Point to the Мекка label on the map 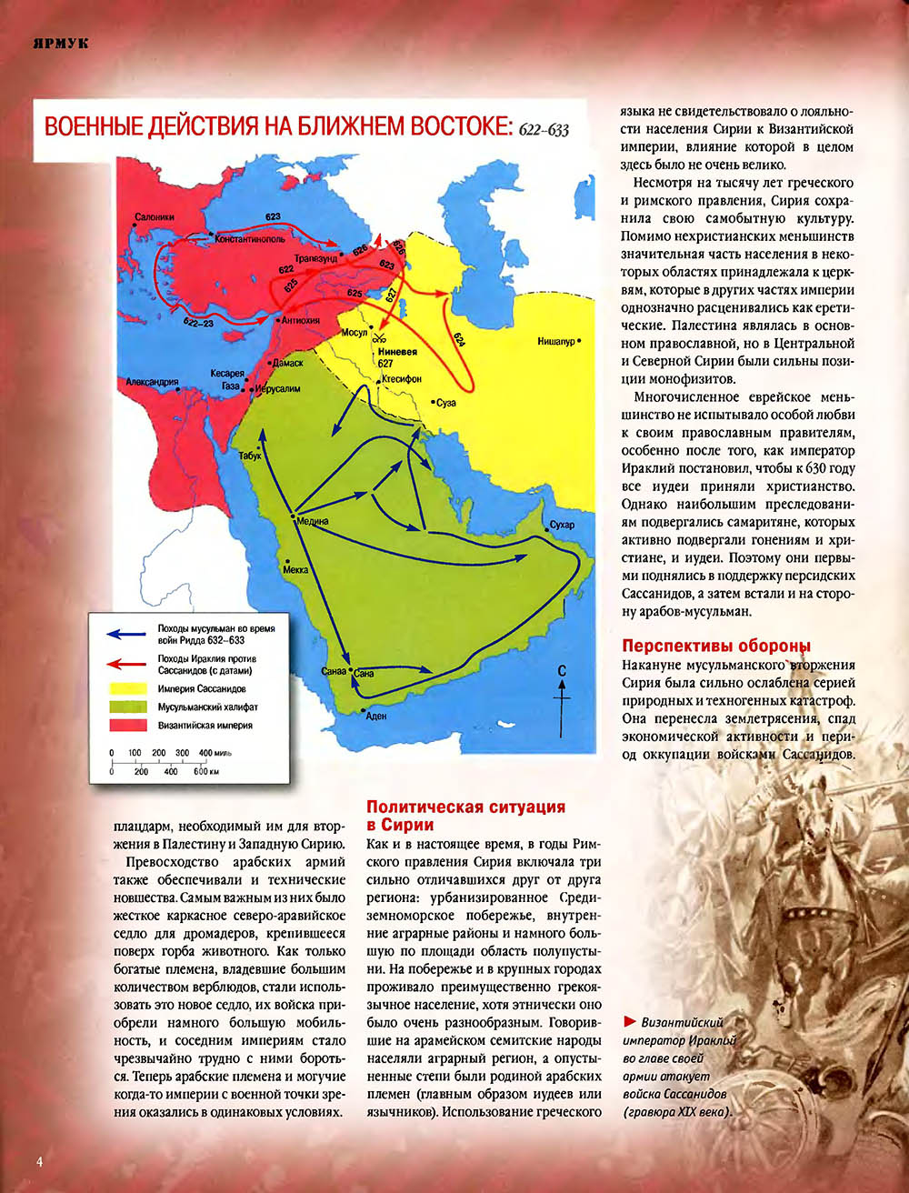point(295,569)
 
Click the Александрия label point(152,382)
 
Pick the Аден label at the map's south point(375,716)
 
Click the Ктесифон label point(401,377)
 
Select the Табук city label point(249,456)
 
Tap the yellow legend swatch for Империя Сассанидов point(128,688)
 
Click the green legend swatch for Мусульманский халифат point(128,707)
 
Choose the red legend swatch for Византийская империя point(128,726)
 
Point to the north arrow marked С point(563,691)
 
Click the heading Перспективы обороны point(715,647)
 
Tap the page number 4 point(40,1161)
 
